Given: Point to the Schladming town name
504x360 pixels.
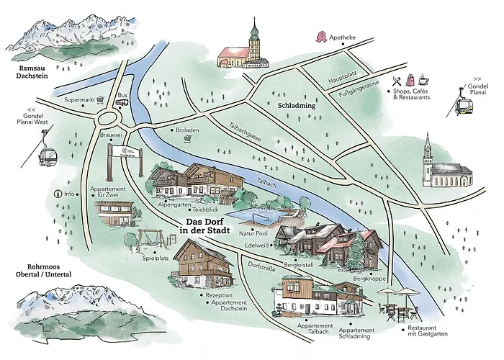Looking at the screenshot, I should pyautogui.click(x=297, y=105).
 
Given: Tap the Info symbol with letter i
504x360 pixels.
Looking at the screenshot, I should pyautogui.click(x=58, y=193).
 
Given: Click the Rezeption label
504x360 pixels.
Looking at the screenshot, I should pyautogui.click(x=220, y=295).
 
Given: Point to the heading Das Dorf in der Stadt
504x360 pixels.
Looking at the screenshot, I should pyautogui.click(x=205, y=226).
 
